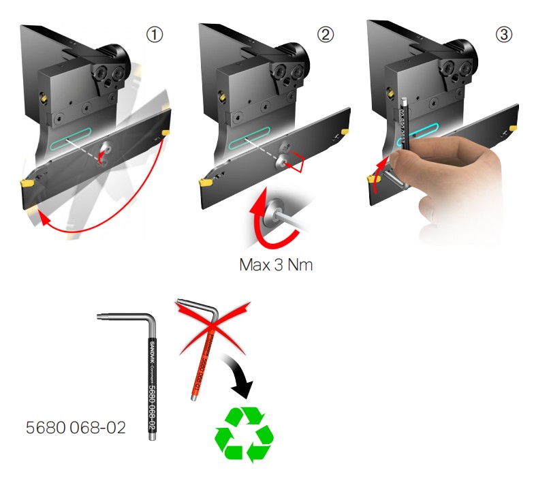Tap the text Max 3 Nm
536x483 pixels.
click(x=276, y=264)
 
